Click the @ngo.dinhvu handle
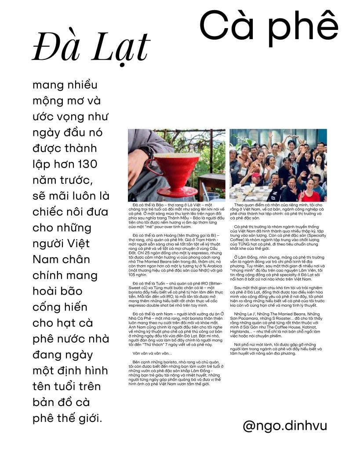pyautogui.click(x=285, y=425)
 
